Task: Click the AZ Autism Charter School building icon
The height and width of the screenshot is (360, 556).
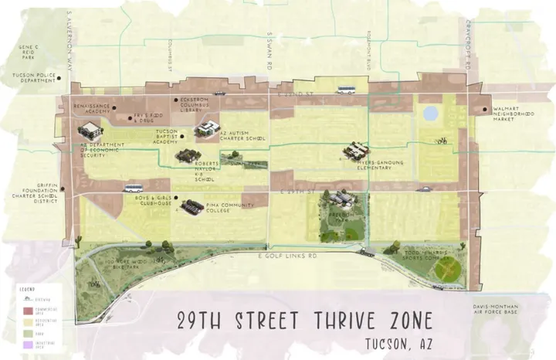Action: pos(206,129)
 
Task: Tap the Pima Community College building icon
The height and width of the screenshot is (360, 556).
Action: pos(193,206)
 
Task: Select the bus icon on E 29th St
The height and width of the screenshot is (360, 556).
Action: pos(134,188)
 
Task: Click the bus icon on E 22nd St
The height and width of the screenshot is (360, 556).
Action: pos(346,90)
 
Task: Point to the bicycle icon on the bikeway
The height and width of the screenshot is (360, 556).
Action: pos(441,141)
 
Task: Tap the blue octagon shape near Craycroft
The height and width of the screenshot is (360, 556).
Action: pos(430,114)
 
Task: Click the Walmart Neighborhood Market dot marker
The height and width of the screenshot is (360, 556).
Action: pos(484,109)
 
